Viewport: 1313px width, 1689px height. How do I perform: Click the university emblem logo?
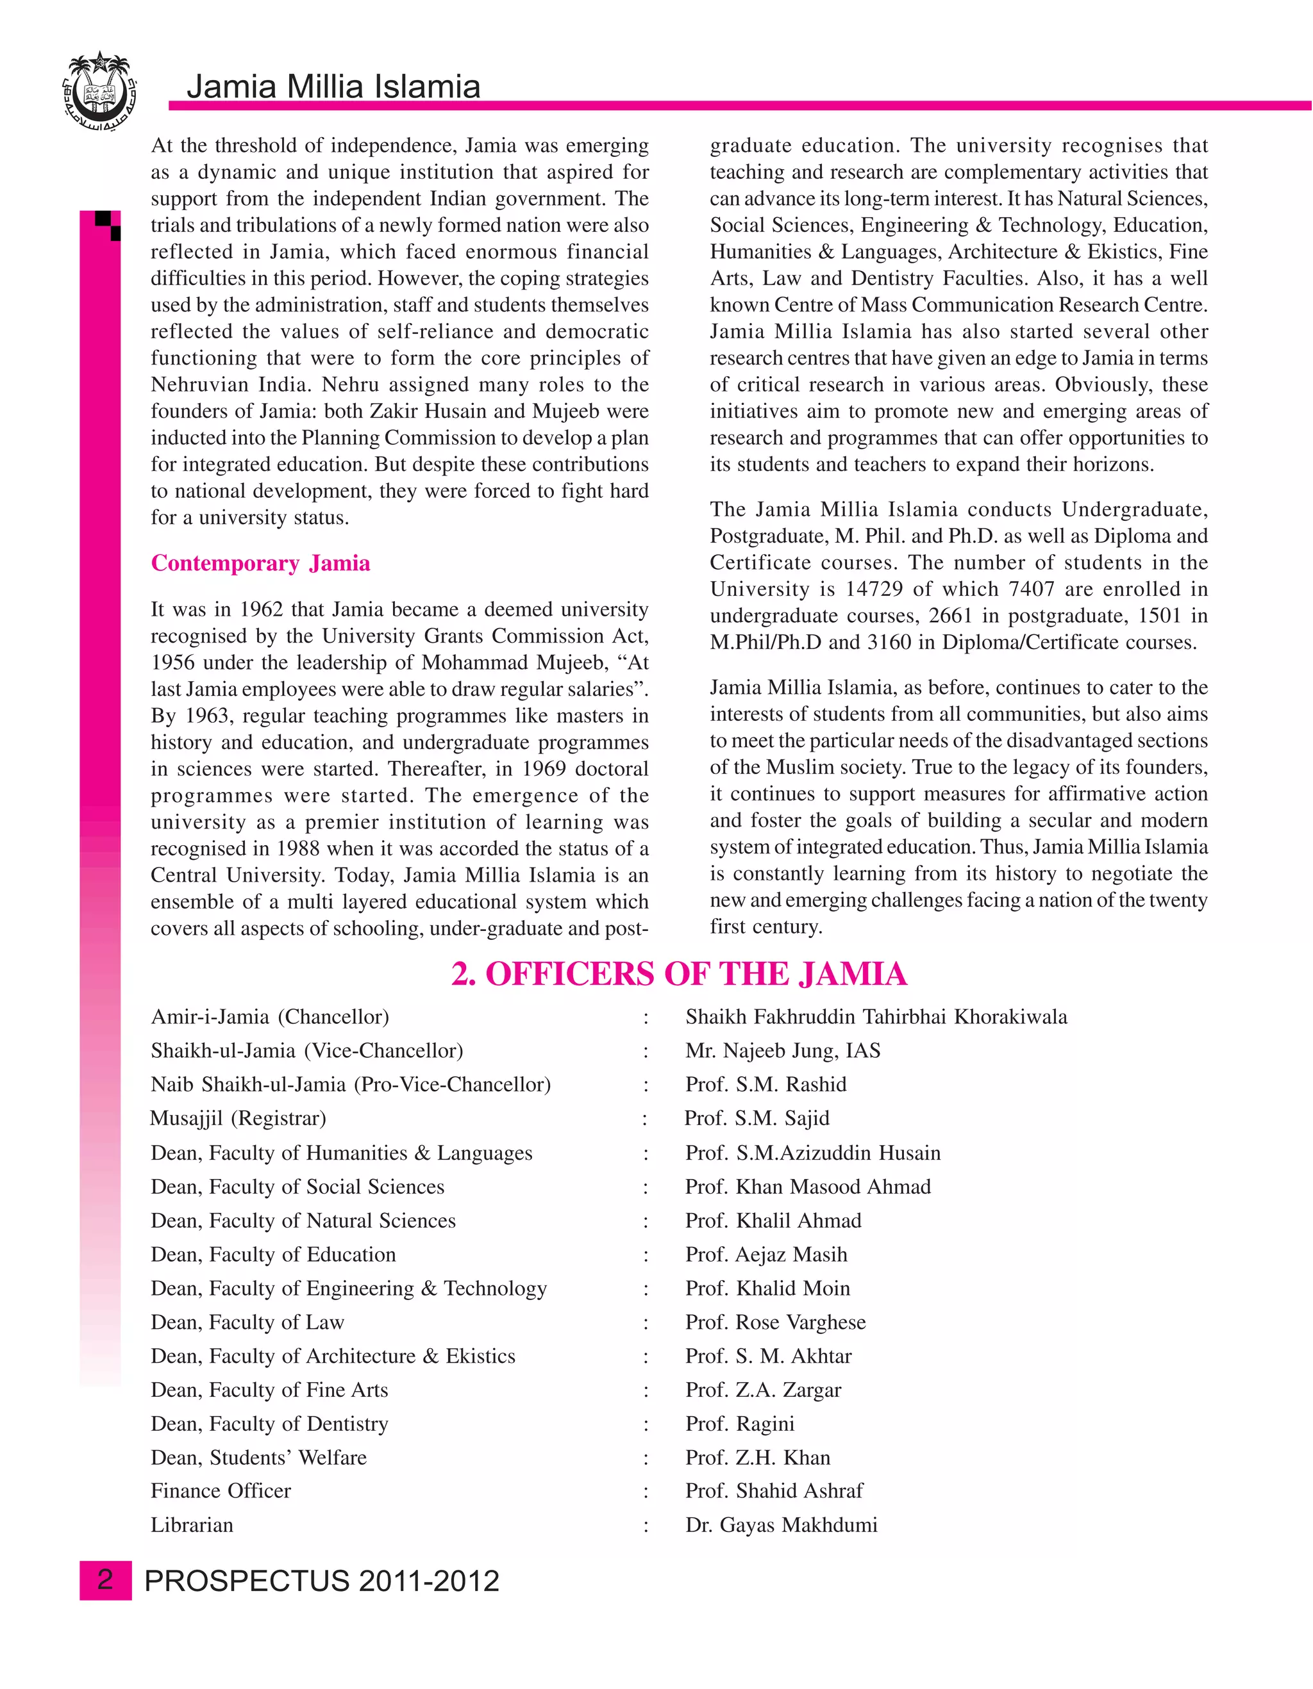point(98,94)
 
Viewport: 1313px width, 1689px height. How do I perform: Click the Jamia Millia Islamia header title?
point(333,87)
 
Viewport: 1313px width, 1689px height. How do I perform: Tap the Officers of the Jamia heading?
point(678,975)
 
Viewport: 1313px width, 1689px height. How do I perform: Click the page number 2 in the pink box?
point(105,1581)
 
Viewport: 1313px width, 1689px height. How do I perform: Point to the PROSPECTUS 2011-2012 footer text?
point(322,1581)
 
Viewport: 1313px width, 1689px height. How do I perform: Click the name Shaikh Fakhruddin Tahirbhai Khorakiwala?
point(875,1017)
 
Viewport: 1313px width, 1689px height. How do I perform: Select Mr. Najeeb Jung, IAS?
point(782,1051)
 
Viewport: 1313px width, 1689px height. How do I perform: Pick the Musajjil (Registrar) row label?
point(237,1118)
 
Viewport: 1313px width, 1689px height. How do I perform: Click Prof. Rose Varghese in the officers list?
point(774,1322)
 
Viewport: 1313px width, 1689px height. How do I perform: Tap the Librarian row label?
point(192,1525)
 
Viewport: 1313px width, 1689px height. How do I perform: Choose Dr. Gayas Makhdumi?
point(781,1525)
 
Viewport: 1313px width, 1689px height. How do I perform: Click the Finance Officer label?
point(221,1491)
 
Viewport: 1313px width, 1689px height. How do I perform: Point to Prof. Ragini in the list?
point(739,1424)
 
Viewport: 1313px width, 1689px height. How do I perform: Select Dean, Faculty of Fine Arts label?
point(269,1390)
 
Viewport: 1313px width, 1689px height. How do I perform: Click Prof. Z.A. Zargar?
point(762,1390)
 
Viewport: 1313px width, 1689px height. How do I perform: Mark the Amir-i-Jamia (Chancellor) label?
point(269,1017)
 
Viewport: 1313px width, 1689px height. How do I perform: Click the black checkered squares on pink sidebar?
point(109,224)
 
